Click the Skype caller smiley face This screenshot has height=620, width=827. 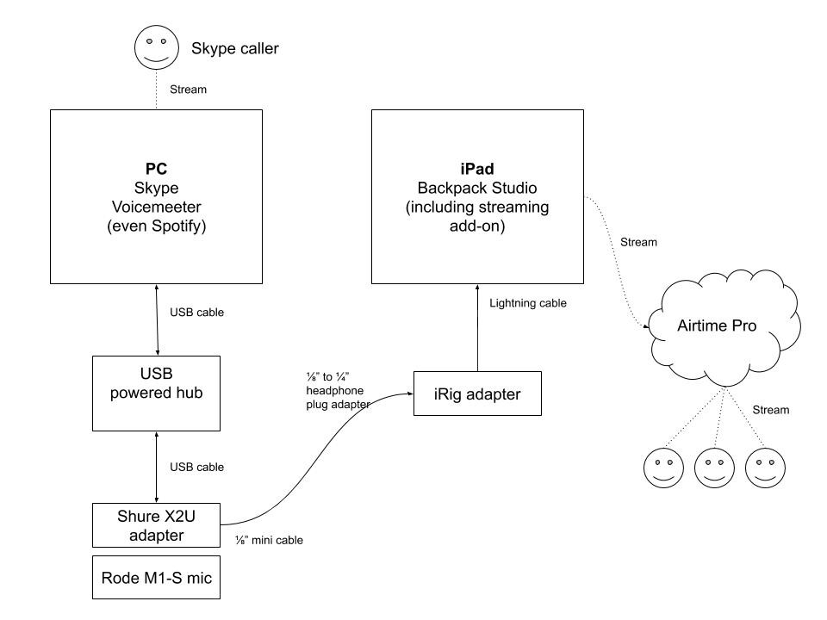pos(156,48)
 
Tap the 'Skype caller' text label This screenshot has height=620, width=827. pos(234,48)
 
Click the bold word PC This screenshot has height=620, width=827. pos(156,170)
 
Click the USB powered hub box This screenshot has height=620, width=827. pos(156,393)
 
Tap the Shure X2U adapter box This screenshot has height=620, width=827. pos(156,525)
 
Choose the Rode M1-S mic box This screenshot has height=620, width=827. pos(156,577)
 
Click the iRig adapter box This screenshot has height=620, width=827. pos(477,394)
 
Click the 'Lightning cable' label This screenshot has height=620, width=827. pos(528,303)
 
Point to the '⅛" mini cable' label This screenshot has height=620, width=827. pos(269,541)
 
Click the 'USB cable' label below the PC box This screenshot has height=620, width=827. pos(196,312)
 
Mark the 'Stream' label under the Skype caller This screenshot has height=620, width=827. pos(188,89)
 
